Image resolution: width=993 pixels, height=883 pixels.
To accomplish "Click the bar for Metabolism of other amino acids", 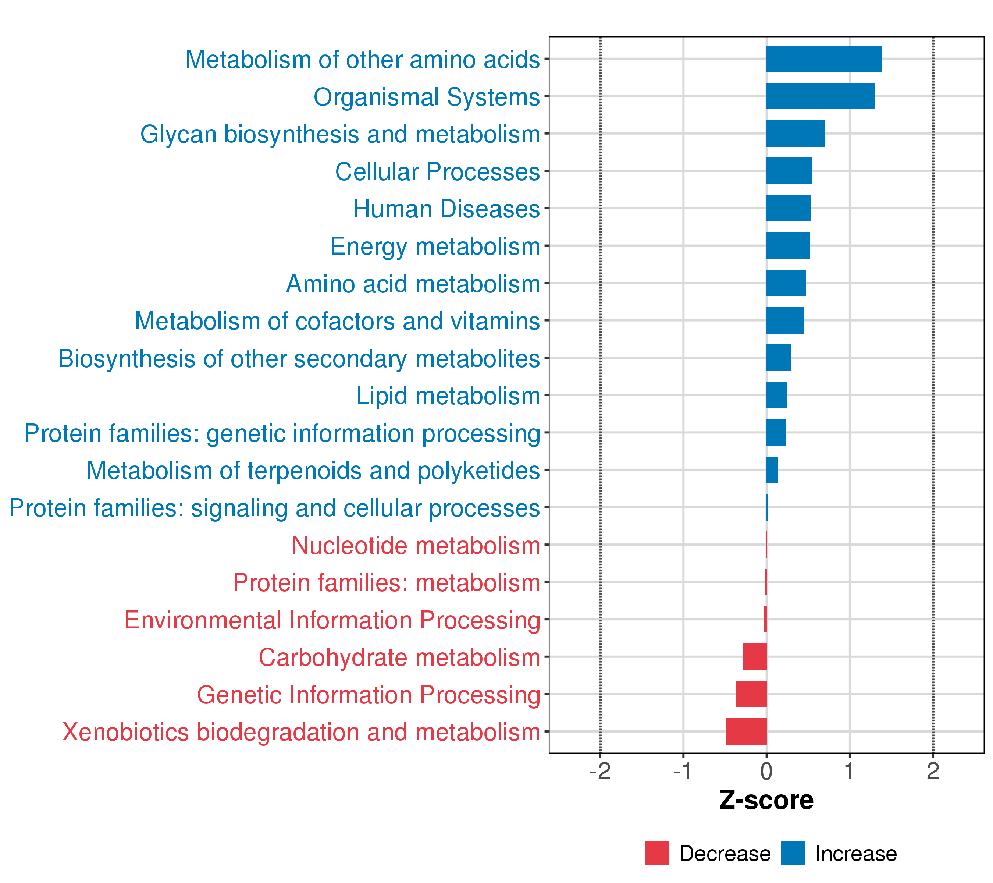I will click(823, 59).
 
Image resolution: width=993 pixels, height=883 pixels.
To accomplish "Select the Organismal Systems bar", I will click(820, 96).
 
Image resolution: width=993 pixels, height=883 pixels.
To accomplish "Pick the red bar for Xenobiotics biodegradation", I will click(746, 731).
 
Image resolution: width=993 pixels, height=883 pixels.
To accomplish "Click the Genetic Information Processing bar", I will click(751, 694).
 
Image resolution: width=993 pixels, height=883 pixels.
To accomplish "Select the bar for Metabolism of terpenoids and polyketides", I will click(772, 470).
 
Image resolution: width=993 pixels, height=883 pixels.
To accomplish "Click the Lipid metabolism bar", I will click(776, 395).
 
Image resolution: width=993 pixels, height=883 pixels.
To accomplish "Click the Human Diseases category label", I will click(446, 209).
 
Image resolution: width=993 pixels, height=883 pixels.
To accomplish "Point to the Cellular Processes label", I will click(437, 171).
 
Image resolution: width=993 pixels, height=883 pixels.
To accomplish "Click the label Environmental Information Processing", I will click(332, 620).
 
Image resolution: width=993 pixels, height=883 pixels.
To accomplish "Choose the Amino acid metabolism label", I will click(413, 284).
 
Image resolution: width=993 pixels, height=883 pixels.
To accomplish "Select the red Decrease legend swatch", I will click(657, 853).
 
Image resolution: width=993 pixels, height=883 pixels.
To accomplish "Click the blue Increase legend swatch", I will click(793, 853).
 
